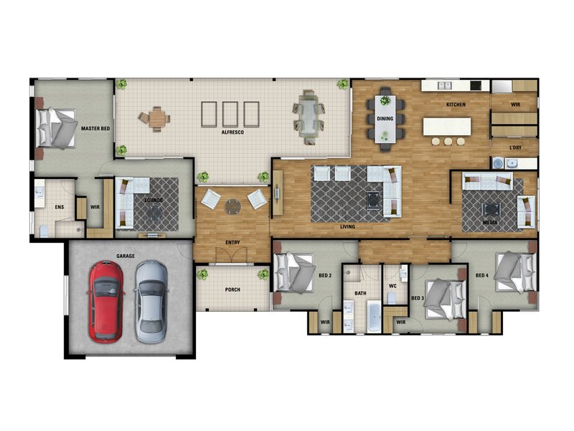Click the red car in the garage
click(105, 302)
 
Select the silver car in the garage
click(151, 301)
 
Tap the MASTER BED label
click(95, 129)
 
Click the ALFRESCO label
click(232, 132)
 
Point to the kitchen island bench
click(446, 126)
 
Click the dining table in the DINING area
click(385, 119)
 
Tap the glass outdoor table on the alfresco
click(309, 117)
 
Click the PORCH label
click(232, 289)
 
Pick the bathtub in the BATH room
click(374, 316)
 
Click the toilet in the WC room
click(391, 297)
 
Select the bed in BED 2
click(295, 273)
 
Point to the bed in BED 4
click(516, 272)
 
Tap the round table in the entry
click(232, 206)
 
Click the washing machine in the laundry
click(497, 163)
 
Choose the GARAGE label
click(126, 256)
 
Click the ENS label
click(60, 207)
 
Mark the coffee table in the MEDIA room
click(491, 210)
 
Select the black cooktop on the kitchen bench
click(476, 85)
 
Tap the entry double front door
click(231, 255)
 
